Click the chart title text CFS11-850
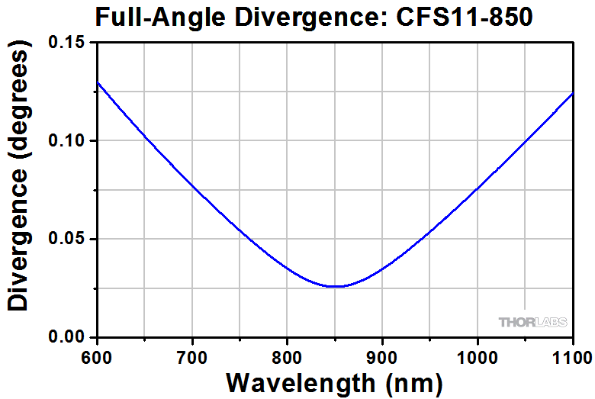pos(463,17)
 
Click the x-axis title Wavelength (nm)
pos(334,381)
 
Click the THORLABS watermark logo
pos(532,322)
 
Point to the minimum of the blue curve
pos(336,286)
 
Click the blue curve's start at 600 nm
pos(98,82)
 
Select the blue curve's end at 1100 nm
pos(571,93)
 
